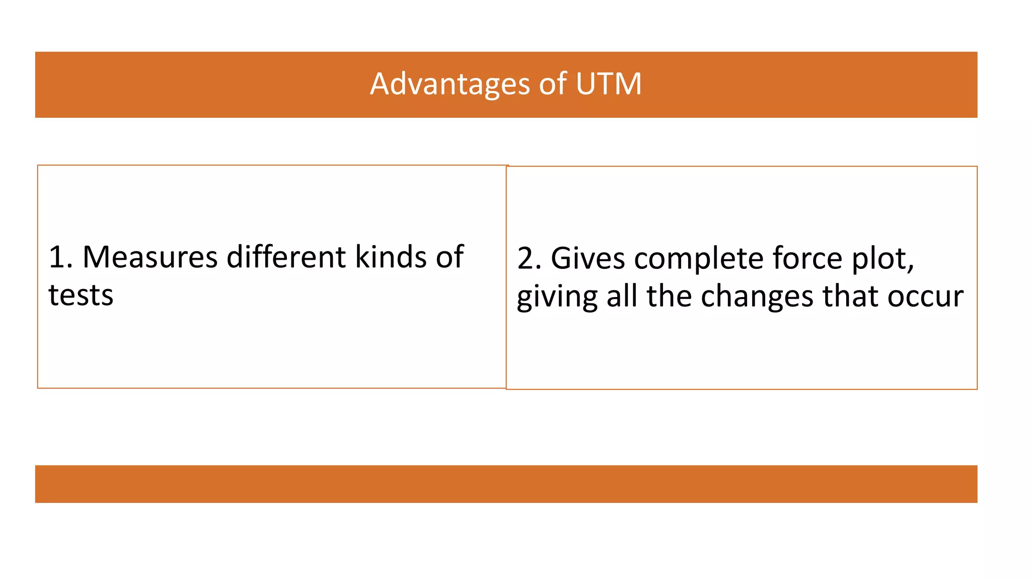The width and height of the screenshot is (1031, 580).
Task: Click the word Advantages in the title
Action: pos(450,84)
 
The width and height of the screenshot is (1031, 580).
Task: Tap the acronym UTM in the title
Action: pos(609,84)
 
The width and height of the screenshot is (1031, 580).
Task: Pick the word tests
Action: pos(81,295)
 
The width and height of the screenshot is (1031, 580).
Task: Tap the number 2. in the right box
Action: pos(529,258)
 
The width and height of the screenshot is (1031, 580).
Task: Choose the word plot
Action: pos(882,259)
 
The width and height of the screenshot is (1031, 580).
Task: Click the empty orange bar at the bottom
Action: pos(506,484)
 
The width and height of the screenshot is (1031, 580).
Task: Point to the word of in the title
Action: pos(553,84)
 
